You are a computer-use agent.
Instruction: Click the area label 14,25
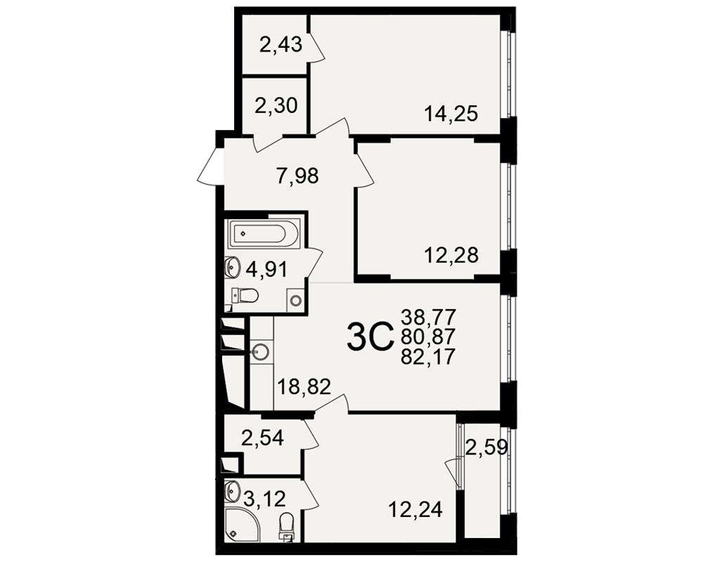(x=451, y=114)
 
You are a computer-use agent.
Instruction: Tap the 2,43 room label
(x=281, y=45)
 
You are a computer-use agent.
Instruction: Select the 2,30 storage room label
(x=276, y=106)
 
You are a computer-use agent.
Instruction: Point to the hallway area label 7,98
(x=297, y=176)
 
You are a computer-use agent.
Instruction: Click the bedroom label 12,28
(x=451, y=255)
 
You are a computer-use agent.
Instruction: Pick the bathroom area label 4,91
(x=266, y=270)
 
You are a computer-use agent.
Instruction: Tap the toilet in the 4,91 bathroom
(x=245, y=295)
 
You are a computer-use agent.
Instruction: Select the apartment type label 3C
(x=370, y=339)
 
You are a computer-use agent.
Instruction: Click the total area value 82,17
(x=429, y=356)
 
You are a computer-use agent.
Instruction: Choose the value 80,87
(x=429, y=336)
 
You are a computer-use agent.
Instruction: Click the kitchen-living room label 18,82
(x=304, y=386)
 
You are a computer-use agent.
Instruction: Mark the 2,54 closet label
(x=262, y=438)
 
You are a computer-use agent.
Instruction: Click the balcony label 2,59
(x=486, y=447)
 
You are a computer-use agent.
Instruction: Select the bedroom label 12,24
(x=415, y=509)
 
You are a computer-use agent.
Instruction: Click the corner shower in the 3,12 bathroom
(x=242, y=524)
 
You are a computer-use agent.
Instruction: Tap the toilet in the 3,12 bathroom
(x=287, y=528)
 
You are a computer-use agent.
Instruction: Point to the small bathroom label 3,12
(x=264, y=498)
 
